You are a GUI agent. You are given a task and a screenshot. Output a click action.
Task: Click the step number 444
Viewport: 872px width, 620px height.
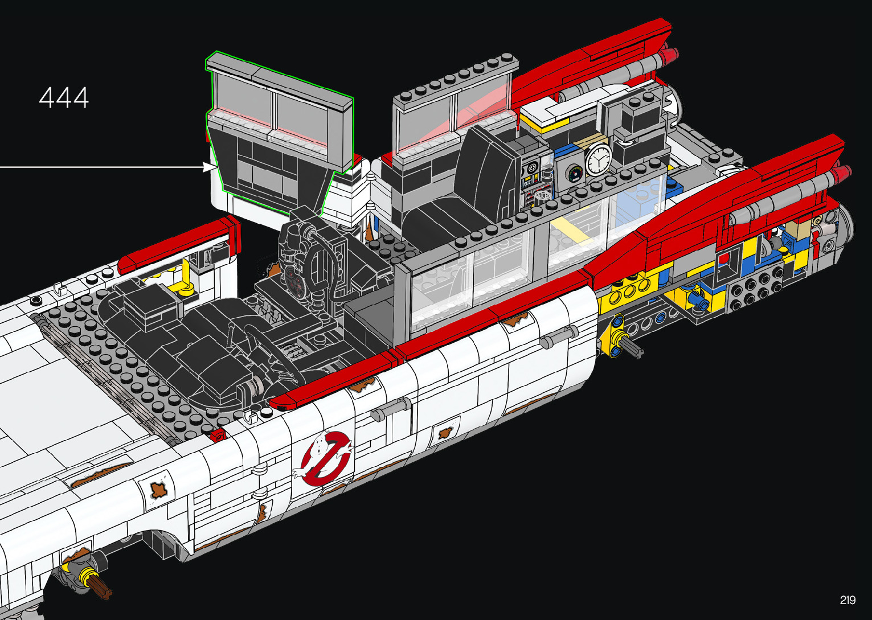coord(64,97)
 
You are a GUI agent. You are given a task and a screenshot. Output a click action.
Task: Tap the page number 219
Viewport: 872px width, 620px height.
coord(848,600)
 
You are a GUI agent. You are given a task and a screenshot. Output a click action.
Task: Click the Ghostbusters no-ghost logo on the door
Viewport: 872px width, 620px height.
coord(326,458)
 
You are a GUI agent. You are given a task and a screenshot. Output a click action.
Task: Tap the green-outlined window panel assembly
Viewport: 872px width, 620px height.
coord(279,132)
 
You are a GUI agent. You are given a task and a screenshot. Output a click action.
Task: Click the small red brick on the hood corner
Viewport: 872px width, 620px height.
coord(219,434)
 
